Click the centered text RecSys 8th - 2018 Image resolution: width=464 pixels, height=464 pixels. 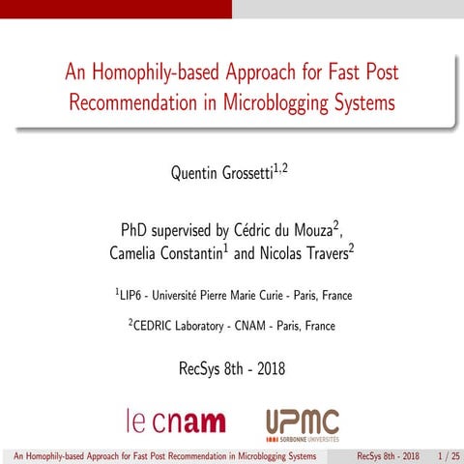(232, 369)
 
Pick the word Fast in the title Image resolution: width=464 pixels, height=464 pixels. (339, 72)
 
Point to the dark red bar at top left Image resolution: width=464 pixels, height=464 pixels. (116, 9)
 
